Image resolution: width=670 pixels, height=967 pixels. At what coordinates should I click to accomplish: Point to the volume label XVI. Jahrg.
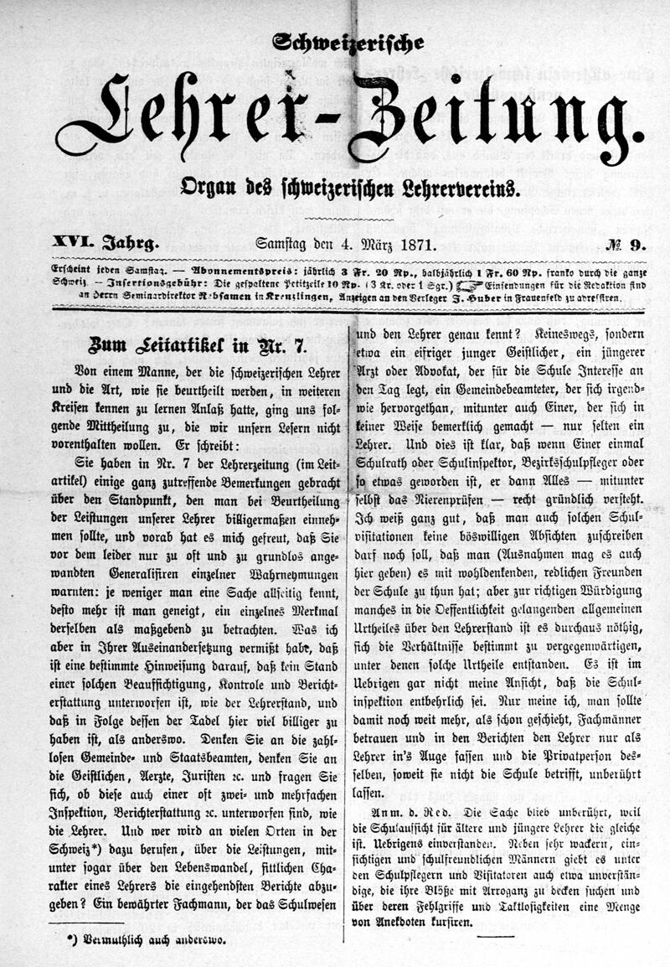click(x=105, y=246)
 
